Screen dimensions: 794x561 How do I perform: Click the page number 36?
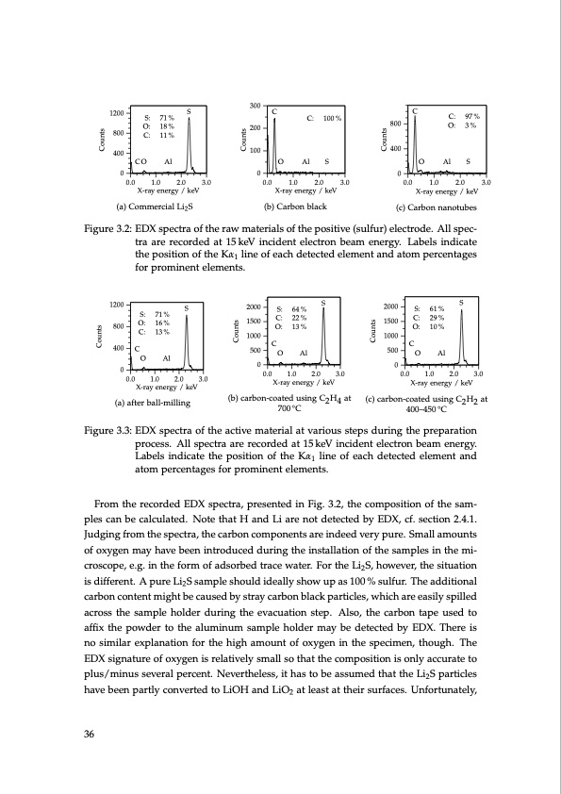click(91, 736)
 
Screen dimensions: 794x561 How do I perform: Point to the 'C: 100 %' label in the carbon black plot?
click(323, 118)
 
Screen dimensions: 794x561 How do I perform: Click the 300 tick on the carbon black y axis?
click(255, 104)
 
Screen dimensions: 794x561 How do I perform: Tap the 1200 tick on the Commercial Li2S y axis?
click(117, 114)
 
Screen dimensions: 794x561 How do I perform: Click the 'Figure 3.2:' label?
click(107, 229)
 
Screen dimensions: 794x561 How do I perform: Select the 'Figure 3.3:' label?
click(107, 430)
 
